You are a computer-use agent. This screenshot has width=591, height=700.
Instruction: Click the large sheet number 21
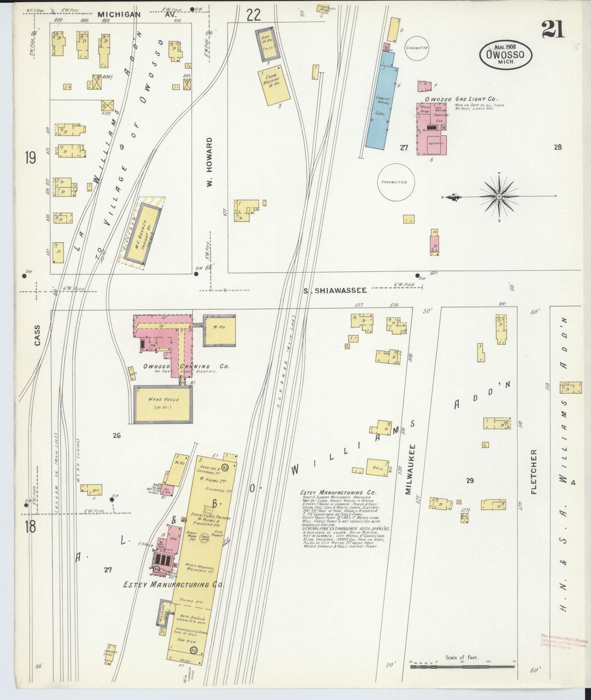(553, 30)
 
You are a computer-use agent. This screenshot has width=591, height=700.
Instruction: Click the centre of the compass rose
(499, 197)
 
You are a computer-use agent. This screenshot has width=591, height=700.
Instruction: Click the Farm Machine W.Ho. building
(275, 85)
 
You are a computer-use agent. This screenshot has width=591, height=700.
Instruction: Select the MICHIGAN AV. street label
(136, 15)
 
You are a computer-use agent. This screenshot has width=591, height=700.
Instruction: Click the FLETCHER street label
(534, 472)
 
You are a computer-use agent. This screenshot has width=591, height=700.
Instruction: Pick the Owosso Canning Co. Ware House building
(163, 404)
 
